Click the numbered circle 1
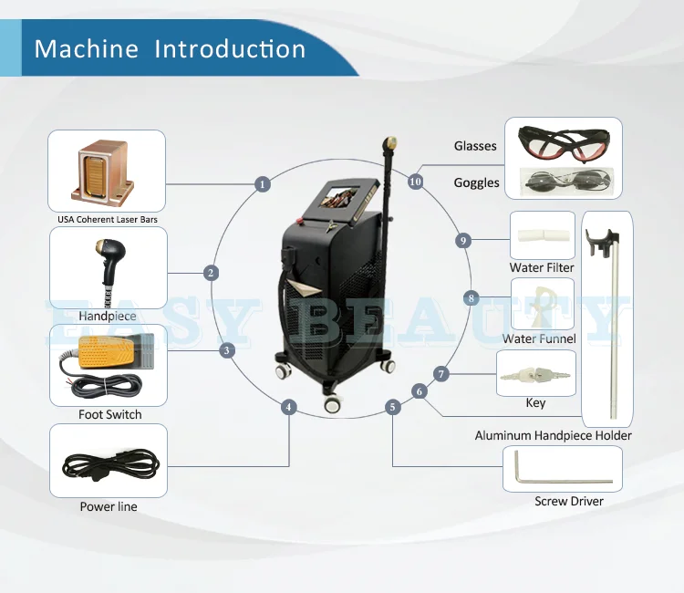(x=264, y=184)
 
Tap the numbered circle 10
(x=416, y=182)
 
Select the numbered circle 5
(x=393, y=407)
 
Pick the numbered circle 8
(x=471, y=298)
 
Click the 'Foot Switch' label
(x=109, y=415)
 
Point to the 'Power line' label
(x=109, y=506)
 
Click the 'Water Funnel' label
(x=539, y=339)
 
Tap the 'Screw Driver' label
(x=569, y=501)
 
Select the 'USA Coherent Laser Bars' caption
(x=107, y=220)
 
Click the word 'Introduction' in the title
(x=231, y=47)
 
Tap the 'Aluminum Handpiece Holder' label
(x=553, y=435)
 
